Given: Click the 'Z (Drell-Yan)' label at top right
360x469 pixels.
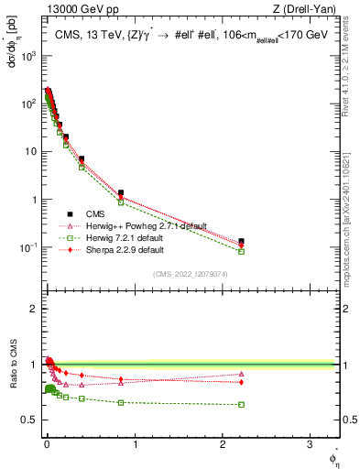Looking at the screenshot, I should tap(308, 10).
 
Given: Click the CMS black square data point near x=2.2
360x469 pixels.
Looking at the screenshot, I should tap(241, 241).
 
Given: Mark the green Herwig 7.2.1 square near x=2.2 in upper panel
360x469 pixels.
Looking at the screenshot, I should tap(241, 251).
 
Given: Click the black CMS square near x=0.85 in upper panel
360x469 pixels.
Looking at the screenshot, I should tap(121, 193).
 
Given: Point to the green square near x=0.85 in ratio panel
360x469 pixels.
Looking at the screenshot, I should tap(121, 402).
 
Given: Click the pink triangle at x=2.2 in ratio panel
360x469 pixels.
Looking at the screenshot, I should tap(241, 374).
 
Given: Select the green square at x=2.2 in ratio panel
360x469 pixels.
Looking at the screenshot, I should tap(241, 405).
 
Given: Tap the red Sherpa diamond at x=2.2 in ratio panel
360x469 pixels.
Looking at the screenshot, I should tap(241, 382).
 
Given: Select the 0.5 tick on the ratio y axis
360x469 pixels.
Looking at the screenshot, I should tap(31, 420).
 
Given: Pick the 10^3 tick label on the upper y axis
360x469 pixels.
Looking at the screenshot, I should tap(28, 56).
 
